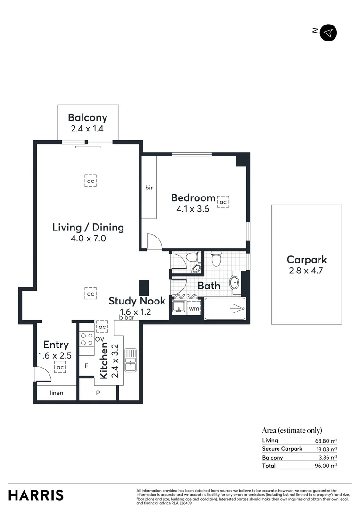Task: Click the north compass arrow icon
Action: pyautogui.click(x=328, y=33)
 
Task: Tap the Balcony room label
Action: pyautogui.click(x=87, y=118)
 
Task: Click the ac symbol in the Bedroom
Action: pyautogui.click(x=223, y=202)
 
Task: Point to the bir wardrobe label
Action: pyautogui.click(x=149, y=188)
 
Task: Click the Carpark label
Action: pyautogui.click(x=306, y=260)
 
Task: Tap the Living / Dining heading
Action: pyautogui.click(x=88, y=228)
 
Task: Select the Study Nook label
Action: pyautogui.click(x=137, y=301)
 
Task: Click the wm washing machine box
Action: pyautogui.click(x=194, y=309)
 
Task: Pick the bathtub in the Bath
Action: pyautogui.click(x=225, y=309)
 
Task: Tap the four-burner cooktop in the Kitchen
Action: pyautogui.click(x=86, y=340)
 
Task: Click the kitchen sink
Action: pyautogui.click(x=130, y=361)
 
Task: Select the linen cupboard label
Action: pyautogui.click(x=56, y=393)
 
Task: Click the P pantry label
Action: pyautogui.click(x=98, y=393)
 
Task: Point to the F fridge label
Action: pyautogui.click(x=86, y=366)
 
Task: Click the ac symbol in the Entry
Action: pyautogui.click(x=60, y=367)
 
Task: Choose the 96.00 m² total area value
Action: pyautogui.click(x=326, y=466)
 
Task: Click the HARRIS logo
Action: pyautogui.click(x=36, y=495)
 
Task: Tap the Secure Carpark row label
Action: pyautogui.click(x=282, y=449)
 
